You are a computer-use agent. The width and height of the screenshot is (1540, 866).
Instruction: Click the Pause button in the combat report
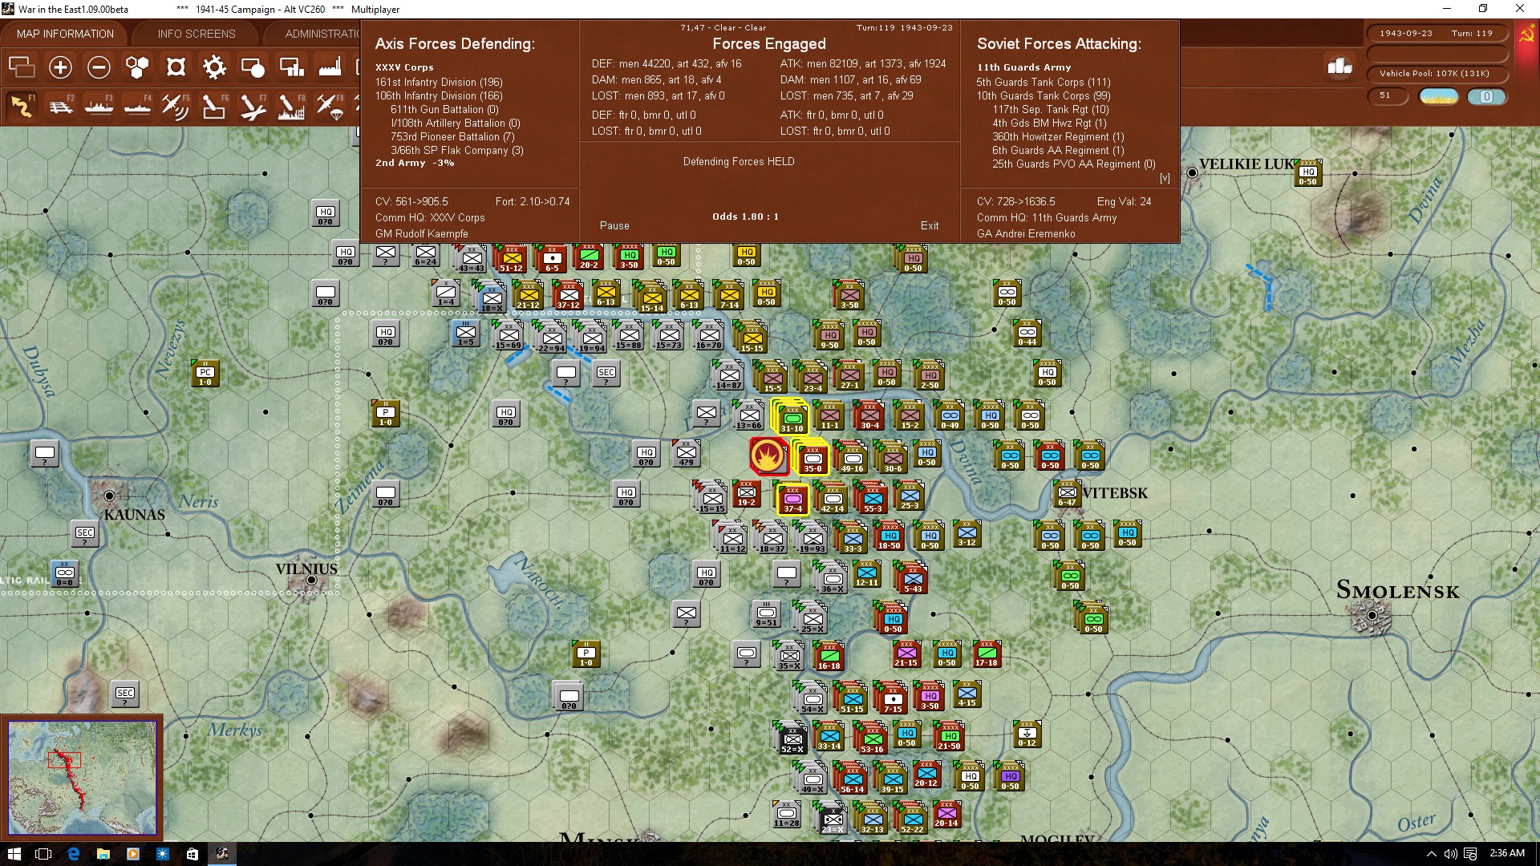coord(614,226)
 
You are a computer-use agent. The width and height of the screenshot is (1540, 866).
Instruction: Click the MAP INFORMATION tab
coord(65,34)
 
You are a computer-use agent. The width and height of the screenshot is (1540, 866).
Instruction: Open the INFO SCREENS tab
coord(197,34)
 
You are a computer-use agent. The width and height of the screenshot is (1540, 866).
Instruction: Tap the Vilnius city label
coord(306,569)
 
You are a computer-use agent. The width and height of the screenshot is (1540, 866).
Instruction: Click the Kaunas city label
coord(134,515)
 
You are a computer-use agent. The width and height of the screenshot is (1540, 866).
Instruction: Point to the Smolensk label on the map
coord(1397,591)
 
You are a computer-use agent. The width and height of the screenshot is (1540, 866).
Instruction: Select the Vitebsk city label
coord(1115,493)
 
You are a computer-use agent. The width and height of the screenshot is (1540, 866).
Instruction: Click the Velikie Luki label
coord(1245,164)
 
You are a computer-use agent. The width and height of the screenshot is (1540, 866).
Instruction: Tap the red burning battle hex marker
coord(768,456)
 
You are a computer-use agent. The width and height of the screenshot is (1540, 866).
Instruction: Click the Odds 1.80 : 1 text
coord(745,216)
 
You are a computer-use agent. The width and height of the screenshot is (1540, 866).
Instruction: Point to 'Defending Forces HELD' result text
coord(739,162)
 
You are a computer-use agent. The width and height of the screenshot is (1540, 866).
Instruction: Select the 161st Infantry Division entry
coord(439,83)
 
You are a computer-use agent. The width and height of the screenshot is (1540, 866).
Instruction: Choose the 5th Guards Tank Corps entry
coord(1043,83)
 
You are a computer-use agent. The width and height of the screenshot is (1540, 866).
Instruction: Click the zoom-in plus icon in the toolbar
coord(60,67)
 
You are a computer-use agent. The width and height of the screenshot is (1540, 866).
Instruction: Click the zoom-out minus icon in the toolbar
coord(99,67)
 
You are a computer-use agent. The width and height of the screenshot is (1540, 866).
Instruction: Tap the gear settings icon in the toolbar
coord(214,67)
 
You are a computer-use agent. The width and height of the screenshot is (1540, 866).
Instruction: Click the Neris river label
coord(198,502)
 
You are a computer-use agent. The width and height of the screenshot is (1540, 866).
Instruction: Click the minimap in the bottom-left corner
coord(82,777)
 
